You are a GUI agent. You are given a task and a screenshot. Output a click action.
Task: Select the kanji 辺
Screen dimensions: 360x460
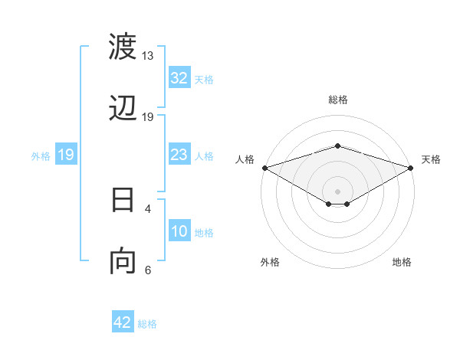pyautogui.click(x=123, y=109)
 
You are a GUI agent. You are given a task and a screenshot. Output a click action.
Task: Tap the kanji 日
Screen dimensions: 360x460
pyautogui.click(x=123, y=200)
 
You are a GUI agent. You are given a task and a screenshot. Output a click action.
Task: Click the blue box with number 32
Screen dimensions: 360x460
pyautogui.click(x=179, y=78)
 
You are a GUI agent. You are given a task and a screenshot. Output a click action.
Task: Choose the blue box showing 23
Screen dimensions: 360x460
pyautogui.click(x=179, y=155)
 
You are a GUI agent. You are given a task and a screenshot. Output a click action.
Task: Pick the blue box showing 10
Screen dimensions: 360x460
pyautogui.click(x=179, y=232)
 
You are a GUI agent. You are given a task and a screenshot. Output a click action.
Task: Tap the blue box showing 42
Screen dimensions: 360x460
pyautogui.click(x=123, y=322)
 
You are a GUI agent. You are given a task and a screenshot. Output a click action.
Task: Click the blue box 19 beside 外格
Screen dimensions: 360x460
pyautogui.click(x=65, y=155)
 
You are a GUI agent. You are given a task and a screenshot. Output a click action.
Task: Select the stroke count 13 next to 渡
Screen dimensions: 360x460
pyautogui.click(x=148, y=56)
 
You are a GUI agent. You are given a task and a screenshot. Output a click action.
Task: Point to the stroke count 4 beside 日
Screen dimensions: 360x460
pyautogui.click(x=148, y=208)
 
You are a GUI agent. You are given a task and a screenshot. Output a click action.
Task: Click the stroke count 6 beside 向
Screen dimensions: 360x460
pyautogui.click(x=148, y=270)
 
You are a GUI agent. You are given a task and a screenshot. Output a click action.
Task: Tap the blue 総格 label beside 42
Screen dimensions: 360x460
pyautogui.click(x=147, y=324)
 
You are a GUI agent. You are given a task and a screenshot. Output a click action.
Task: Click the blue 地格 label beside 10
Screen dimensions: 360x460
pyautogui.click(x=204, y=233)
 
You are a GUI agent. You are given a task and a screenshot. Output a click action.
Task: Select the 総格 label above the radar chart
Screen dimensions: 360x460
pyautogui.click(x=338, y=100)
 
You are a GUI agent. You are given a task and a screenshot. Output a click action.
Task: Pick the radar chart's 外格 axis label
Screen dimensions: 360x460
pyautogui.click(x=270, y=262)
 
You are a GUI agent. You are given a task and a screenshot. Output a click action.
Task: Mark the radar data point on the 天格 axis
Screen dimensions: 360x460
pyautogui.click(x=411, y=168)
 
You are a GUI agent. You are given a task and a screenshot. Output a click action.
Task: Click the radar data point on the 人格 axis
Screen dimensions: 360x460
pyautogui.click(x=264, y=168)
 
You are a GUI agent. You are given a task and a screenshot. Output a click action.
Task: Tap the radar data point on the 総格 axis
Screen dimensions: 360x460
pyautogui.click(x=338, y=146)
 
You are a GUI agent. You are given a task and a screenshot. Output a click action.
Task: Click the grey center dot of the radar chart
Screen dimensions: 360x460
pyautogui.click(x=338, y=191)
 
